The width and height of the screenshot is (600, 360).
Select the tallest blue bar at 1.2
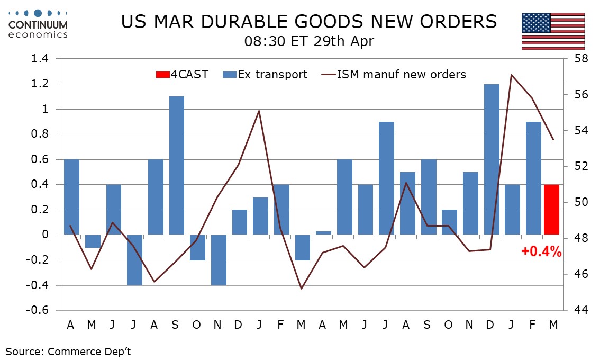point(492,159)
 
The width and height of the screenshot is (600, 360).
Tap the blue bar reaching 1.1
point(177,165)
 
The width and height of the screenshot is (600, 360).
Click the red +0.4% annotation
point(541,252)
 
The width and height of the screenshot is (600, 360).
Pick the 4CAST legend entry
point(184,74)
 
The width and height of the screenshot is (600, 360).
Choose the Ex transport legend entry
point(265,74)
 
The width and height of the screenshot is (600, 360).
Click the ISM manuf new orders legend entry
point(394,74)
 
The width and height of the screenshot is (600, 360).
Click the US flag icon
point(553,31)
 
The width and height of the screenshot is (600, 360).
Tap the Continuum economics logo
point(38,23)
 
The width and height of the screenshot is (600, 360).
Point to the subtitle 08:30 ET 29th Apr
point(309,42)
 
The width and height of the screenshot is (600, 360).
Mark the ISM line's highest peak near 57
point(511,75)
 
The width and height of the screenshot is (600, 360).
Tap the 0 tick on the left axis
point(47,235)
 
